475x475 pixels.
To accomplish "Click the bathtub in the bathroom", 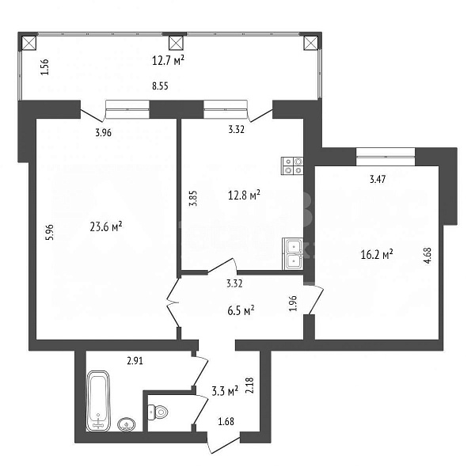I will tap(99, 400).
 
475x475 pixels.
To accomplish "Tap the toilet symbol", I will tap(159, 412).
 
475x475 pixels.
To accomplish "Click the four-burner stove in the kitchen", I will tap(292, 165).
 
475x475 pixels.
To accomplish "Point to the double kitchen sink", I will tap(292, 253).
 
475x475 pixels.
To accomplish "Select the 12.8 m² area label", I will tap(245, 194).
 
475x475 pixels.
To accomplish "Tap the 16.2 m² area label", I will tap(377, 255).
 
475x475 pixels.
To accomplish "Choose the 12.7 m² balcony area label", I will tap(168, 59).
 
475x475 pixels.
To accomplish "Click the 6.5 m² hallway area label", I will tap(238, 311).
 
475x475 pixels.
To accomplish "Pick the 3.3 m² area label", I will tap(225, 390).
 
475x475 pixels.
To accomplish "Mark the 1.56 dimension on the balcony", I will tap(44, 68).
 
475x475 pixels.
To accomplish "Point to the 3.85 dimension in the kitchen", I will tap(192, 196).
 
